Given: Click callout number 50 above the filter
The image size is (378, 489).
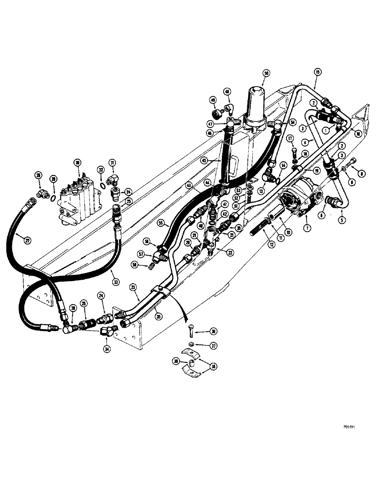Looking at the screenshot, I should point(266,73).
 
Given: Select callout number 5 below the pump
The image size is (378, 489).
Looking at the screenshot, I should point(342,220).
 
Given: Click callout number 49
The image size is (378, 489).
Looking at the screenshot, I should point(213,100).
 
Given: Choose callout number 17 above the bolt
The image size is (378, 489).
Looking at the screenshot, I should point(290,138).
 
